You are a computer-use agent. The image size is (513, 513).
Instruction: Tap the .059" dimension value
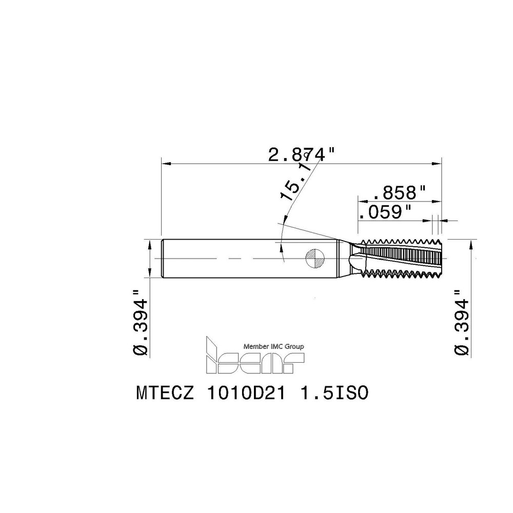point(385,212)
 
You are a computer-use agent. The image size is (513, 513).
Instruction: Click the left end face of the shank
point(163,259)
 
